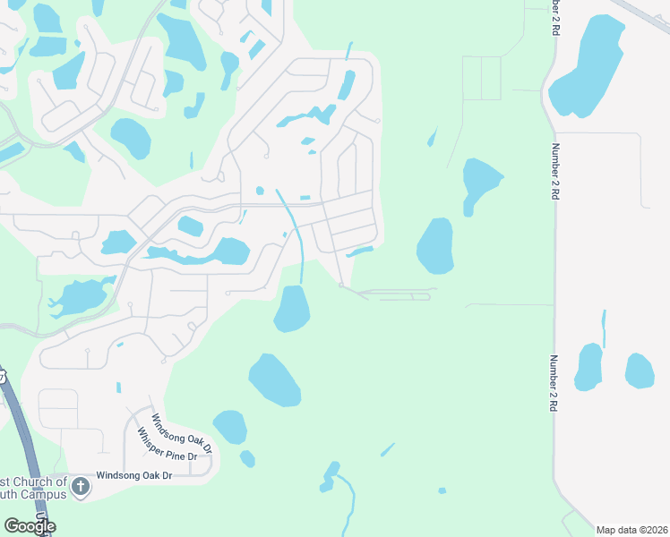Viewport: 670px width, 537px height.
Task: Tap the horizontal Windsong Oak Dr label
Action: click(x=133, y=475)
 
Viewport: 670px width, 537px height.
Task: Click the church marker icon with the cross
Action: click(x=80, y=486)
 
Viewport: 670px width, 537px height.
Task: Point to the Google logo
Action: click(x=30, y=526)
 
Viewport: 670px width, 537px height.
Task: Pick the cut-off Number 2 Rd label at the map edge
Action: click(x=558, y=15)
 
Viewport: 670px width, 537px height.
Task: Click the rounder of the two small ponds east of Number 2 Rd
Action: click(x=640, y=371)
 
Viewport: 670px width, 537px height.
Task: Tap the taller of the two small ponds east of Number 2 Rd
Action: click(x=588, y=367)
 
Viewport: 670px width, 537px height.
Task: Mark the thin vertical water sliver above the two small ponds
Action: click(x=604, y=328)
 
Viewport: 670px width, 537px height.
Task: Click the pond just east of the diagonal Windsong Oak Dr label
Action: click(x=230, y=427)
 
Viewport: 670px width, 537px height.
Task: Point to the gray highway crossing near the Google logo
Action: click(x=27, y=447)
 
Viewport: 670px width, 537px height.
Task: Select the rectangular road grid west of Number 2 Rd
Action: click(x=481, y=78)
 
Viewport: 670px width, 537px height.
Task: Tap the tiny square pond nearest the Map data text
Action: click(x=442, y=490)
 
